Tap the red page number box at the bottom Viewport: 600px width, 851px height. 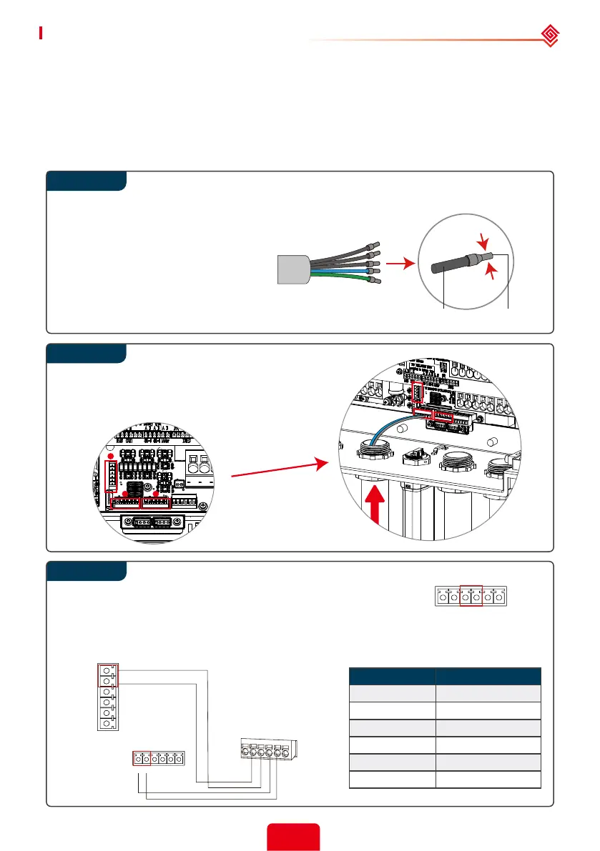[x=293, y=837]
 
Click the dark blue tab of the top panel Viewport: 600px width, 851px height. [x=87, y=181]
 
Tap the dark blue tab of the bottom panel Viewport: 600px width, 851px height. [x=87, y=572]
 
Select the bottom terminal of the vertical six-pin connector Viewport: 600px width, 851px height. [x=107, y=723]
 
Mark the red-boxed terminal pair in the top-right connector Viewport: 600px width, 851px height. [x=471, y=595]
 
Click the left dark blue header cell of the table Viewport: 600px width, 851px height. [x=392, y=677]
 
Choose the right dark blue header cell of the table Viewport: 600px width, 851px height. [x=488, y=677]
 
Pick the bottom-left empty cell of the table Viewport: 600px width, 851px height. [x=392, y=779]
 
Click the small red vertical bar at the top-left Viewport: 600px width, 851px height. [x=41, y=32]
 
